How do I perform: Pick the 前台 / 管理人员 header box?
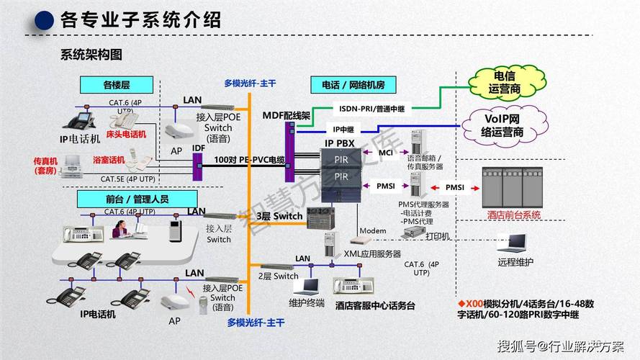[x=137, y=198]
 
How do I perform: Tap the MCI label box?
[x=386, y=152]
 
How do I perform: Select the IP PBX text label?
[x=339, y=143]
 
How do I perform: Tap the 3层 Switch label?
[x=280, y=216]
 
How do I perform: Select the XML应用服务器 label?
[x=372, y=254]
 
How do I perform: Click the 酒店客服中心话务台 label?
[x=375, y=305]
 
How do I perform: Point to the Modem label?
[x=373, y=230]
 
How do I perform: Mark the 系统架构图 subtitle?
[x=91, y=54]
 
